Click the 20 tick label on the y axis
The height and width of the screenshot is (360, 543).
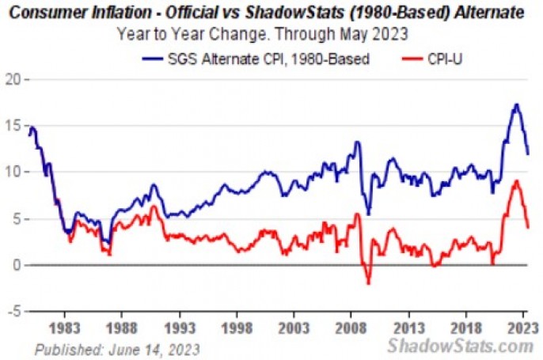12,80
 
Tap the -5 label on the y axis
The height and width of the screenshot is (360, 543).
13,311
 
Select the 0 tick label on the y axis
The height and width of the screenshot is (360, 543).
17,265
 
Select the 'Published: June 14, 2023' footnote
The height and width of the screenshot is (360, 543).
116,348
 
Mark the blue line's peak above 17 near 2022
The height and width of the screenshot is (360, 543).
516,104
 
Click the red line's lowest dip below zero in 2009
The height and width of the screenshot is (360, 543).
368,282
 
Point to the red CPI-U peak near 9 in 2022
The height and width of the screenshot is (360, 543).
516,181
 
